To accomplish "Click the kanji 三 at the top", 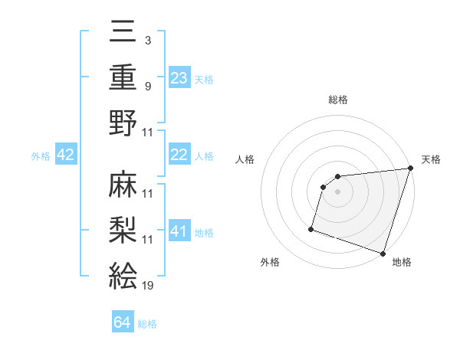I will [x=123, y=35].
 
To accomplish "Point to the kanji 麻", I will [x=123, y=185].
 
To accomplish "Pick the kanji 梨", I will [x=123, y=227].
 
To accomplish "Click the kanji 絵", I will [x=123, y=272].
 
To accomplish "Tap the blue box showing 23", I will [x=179, y=77].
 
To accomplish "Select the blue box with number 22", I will [x=179, y=155].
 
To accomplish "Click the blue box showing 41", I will [x=179, y=231].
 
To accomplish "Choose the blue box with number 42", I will [x=66, y=155].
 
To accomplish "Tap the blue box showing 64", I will [x=123, y=322].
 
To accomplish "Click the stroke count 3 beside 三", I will [x=147, y=40].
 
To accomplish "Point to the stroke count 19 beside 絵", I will [x=148, y=286].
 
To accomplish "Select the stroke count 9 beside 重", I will [x=147, y=86].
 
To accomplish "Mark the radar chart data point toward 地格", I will [x=383, y=253].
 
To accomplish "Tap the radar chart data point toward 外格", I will [x=311, y=228].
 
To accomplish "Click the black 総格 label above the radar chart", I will [x=338, y=100].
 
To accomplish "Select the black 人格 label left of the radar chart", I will [x=246, y=159].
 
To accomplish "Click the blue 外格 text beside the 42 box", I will [x=41, y=155].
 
